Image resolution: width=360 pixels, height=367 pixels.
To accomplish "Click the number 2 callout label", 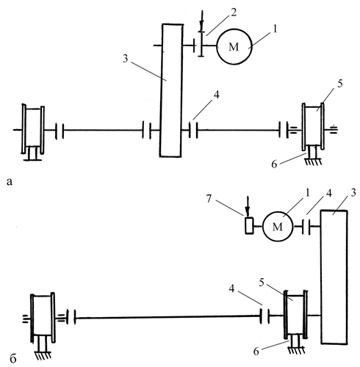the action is click(234, 12).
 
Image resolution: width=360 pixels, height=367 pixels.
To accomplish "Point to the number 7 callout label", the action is click(209, 199).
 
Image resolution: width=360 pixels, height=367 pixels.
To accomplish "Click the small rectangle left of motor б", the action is click(249, 225).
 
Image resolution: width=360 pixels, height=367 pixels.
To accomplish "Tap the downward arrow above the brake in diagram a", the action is click(201, 21).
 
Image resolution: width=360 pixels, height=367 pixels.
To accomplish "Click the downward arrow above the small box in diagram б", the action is click(248, 206).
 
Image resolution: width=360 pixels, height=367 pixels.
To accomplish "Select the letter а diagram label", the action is click(10, 182).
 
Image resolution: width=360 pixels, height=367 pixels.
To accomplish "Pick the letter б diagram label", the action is click(13, 359).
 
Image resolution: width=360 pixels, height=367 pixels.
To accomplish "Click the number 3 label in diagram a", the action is click(126, 59).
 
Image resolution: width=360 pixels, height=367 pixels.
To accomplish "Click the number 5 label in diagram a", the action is click(339, 84).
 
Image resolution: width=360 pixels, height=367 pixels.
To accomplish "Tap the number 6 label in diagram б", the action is click(256, 352).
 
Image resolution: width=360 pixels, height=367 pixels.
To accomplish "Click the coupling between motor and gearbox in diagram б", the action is click(306, 227).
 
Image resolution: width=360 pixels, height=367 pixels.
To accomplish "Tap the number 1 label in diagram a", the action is click(275, 29).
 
